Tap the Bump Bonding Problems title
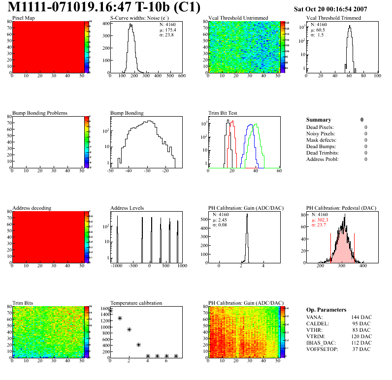(x=39, y=113)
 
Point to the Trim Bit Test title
(x=223, y=113)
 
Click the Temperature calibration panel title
(x=136, y=303)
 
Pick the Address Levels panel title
(x=127, y=208)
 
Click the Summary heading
(x=319, y=120)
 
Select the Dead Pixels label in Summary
(x=320, y=127)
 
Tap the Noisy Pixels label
(x=321, y=134)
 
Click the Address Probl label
(x=322, y=159)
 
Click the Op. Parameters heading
(x=326, y=310)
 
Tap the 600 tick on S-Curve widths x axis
(x=181, y=76)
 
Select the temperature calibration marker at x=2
(x=129, y=329)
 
